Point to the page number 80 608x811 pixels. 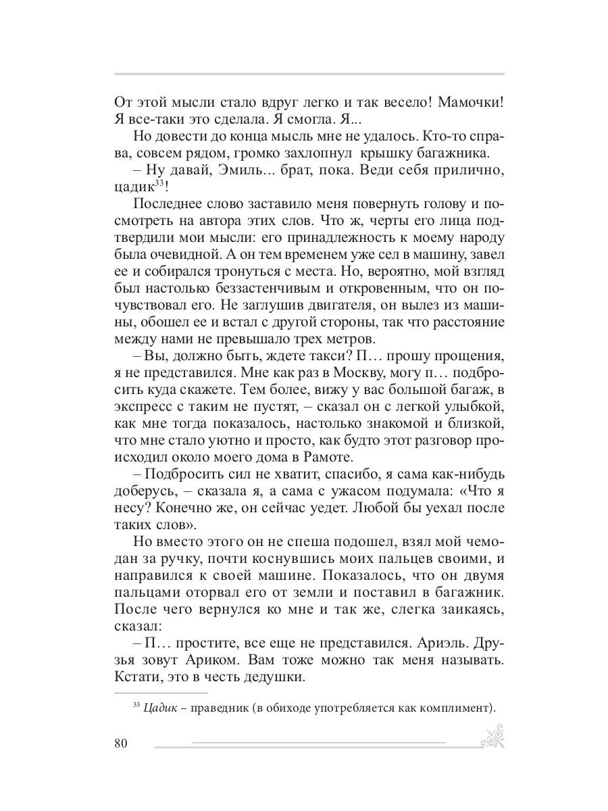(x=122, y=744)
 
